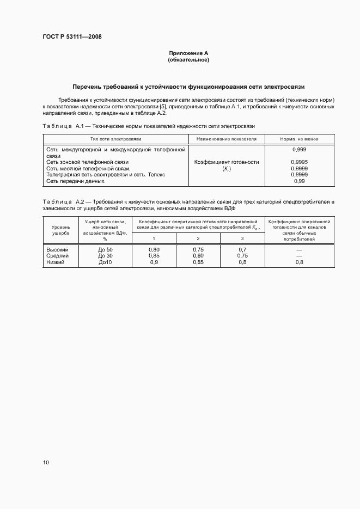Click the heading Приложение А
point(189,53)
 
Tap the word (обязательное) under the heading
point(189,59)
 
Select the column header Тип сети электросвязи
point(115,139)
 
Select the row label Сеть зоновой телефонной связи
point(87,162)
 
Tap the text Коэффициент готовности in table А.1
point(227,162)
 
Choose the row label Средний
point(57,255)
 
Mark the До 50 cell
point(105,249)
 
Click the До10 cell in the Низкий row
point(105,262)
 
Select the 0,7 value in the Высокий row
point(242,249)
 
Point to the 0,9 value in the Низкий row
point(154,262)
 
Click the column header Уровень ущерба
point(60,229)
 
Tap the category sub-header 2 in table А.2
point(198,238)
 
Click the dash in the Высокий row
point(299,249)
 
